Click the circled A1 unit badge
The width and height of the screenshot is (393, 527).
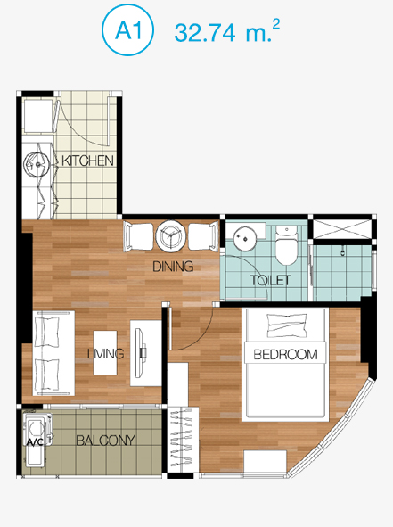127,30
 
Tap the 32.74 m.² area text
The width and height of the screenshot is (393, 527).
226,31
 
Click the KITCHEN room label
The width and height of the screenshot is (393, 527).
87,161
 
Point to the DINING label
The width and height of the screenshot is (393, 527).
173,267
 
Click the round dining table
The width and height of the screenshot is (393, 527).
170,236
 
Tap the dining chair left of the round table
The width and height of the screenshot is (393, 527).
138,236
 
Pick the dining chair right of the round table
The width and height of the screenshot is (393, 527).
203,236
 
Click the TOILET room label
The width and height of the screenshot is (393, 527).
270,280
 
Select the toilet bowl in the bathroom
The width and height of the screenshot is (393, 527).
287,245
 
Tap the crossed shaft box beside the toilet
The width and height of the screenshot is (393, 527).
342,229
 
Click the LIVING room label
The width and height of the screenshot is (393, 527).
105,354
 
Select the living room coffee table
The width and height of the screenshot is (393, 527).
105,353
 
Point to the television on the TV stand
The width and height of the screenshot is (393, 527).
140,352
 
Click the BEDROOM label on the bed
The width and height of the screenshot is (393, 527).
285,355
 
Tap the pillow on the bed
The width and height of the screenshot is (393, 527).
287,325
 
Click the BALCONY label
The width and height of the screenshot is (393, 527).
105,441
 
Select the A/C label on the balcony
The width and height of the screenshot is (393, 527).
35,442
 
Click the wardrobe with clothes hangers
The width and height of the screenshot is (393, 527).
183,440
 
